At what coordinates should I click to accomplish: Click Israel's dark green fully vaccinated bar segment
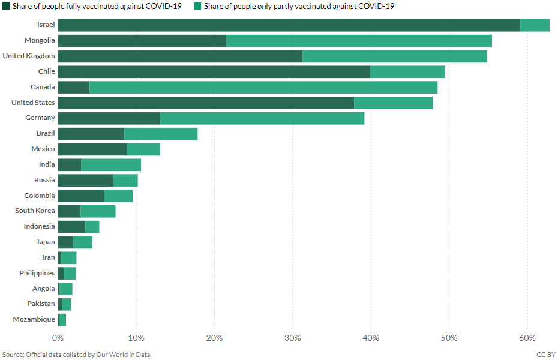(x=288, y=25)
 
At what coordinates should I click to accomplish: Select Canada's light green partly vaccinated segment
(x=263, y=87)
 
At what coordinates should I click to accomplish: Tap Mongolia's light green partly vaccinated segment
(x=358, y=41)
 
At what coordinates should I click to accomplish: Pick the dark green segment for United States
(x=206, y=103)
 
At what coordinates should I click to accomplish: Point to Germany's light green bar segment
(x=262, y=118)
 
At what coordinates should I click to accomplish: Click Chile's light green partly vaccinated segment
(x=407, y=71)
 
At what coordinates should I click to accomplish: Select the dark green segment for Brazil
(x=91, y=133)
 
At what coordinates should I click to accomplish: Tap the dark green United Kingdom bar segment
(x=180, y=56)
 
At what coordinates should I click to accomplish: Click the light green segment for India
(x=111, y=164)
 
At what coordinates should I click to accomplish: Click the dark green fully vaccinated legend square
(x=6, y=6)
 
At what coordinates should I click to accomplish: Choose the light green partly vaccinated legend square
(x=197, y=6)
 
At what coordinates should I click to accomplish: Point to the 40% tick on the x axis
(x=371, y=338)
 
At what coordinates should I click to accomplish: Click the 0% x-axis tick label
(x=58, y=338)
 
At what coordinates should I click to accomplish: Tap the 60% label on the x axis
(x=527, y=338)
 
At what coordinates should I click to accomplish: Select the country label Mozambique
(x=34, y=319)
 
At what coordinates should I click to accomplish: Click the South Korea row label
(x=35, y=211)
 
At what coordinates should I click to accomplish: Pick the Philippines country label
(x=36, y=273)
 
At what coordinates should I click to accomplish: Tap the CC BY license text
(x=545, y=355)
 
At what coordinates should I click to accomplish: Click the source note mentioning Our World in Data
(x=76, y=355)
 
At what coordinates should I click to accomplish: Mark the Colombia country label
(x=40, y=196)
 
